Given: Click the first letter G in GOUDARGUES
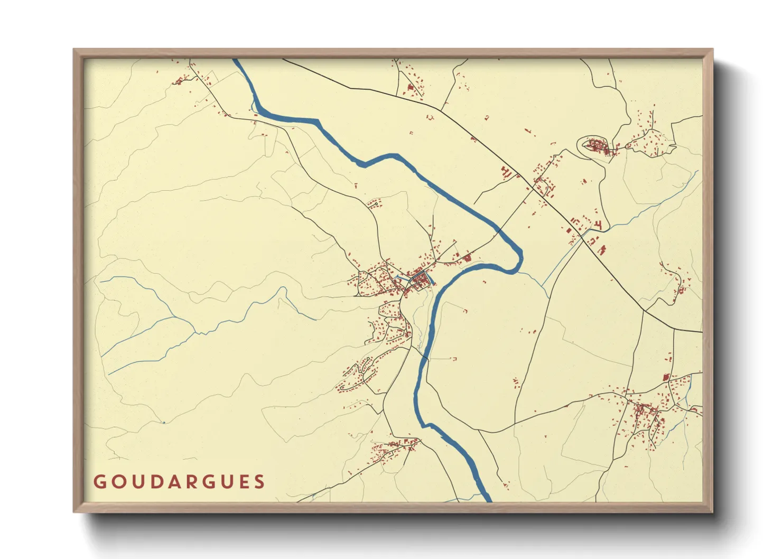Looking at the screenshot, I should point(99,482).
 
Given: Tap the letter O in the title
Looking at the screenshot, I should point(116,482).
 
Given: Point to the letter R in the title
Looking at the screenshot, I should point(188,482).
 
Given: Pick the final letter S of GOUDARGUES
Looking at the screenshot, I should point(259,482).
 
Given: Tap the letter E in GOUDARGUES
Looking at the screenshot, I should point(241,482).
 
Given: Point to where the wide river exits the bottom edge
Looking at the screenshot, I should point(487,500).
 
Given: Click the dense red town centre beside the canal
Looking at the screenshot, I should point(420,280).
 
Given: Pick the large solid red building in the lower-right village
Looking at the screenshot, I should point(666,377).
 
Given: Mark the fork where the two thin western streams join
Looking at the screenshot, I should point(196,333).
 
